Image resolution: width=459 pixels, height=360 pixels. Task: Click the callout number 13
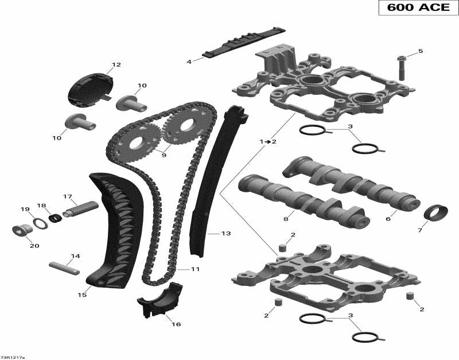click(225, 234)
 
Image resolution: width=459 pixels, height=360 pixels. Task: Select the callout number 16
click(176, 324)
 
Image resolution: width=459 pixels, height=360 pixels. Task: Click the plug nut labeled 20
click(21, 230)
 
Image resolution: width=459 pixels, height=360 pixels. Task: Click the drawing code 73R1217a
click(13, 357)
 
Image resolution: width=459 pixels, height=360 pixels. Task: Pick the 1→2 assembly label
click(267, 141)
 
